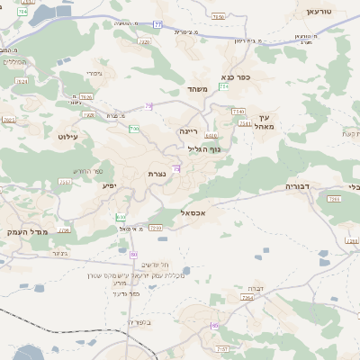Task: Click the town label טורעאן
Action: point(319,12)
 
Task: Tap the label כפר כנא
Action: point(235,77)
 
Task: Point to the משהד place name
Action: point(198,89)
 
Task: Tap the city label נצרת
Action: point(158,174)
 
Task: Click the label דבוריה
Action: point(297,186)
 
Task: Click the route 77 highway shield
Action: point(158,24)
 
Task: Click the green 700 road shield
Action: point(134,129)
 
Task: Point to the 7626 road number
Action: point(86,96)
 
